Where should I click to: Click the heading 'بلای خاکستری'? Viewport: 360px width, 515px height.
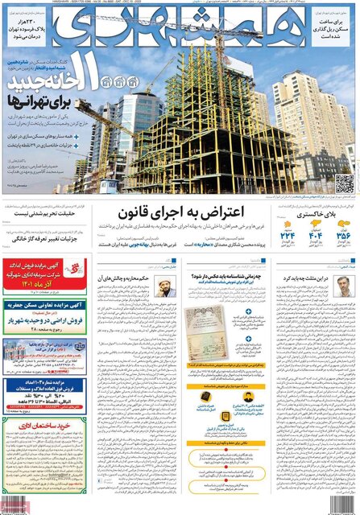coord(317,216)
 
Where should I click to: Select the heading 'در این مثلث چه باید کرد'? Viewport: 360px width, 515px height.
coord(318,278)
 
